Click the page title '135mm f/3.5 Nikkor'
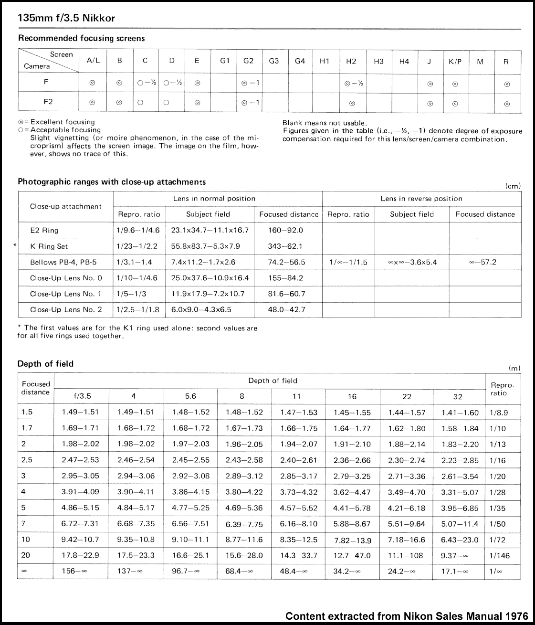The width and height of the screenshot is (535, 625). point(66,19)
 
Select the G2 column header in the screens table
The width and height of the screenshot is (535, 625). point(248,61)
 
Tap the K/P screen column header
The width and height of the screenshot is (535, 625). point(455,62)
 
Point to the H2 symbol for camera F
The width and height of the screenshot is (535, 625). point(352,83)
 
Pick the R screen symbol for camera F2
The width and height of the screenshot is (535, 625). point(507,103)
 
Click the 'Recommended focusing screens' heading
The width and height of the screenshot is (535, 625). point(81,38)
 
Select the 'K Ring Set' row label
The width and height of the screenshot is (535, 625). point(49,246)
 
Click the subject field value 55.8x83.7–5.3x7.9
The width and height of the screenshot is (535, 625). point(206,246)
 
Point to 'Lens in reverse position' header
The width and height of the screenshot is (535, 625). point(421,199)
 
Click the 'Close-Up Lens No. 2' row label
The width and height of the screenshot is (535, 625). point(66,309)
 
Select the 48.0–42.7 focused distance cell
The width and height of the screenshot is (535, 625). point(286,309)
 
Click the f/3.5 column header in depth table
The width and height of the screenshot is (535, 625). point(82,396)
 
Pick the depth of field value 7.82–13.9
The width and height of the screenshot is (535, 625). point(352,540)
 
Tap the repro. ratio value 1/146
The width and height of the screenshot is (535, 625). point(500,556)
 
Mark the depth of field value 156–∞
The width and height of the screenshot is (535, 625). point(74,571)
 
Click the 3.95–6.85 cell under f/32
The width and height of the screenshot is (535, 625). point(460,508)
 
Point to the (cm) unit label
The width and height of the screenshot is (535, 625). point(513,186)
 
